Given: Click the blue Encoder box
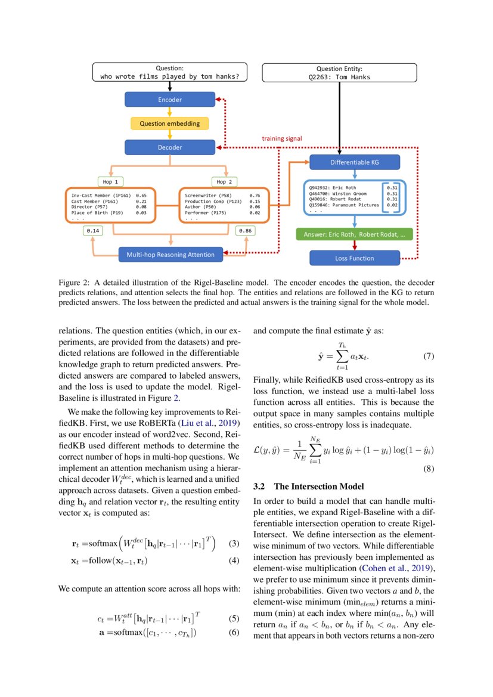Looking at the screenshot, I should point(169,100).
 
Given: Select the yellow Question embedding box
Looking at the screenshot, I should point(169,123).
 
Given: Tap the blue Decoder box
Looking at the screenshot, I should point(169,147).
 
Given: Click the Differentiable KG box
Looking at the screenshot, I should point(355,162).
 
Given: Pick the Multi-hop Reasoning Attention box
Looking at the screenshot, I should point(170,255).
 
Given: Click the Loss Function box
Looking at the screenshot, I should point(354,258).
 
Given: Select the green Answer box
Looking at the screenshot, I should point(354,234).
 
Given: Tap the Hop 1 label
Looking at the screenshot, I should point(111,181).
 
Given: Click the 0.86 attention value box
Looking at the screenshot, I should point(244,230).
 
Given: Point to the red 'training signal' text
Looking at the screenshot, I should point(282,138).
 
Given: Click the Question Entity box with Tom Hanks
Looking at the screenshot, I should point(339,73).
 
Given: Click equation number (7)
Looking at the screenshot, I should point(428,357).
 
